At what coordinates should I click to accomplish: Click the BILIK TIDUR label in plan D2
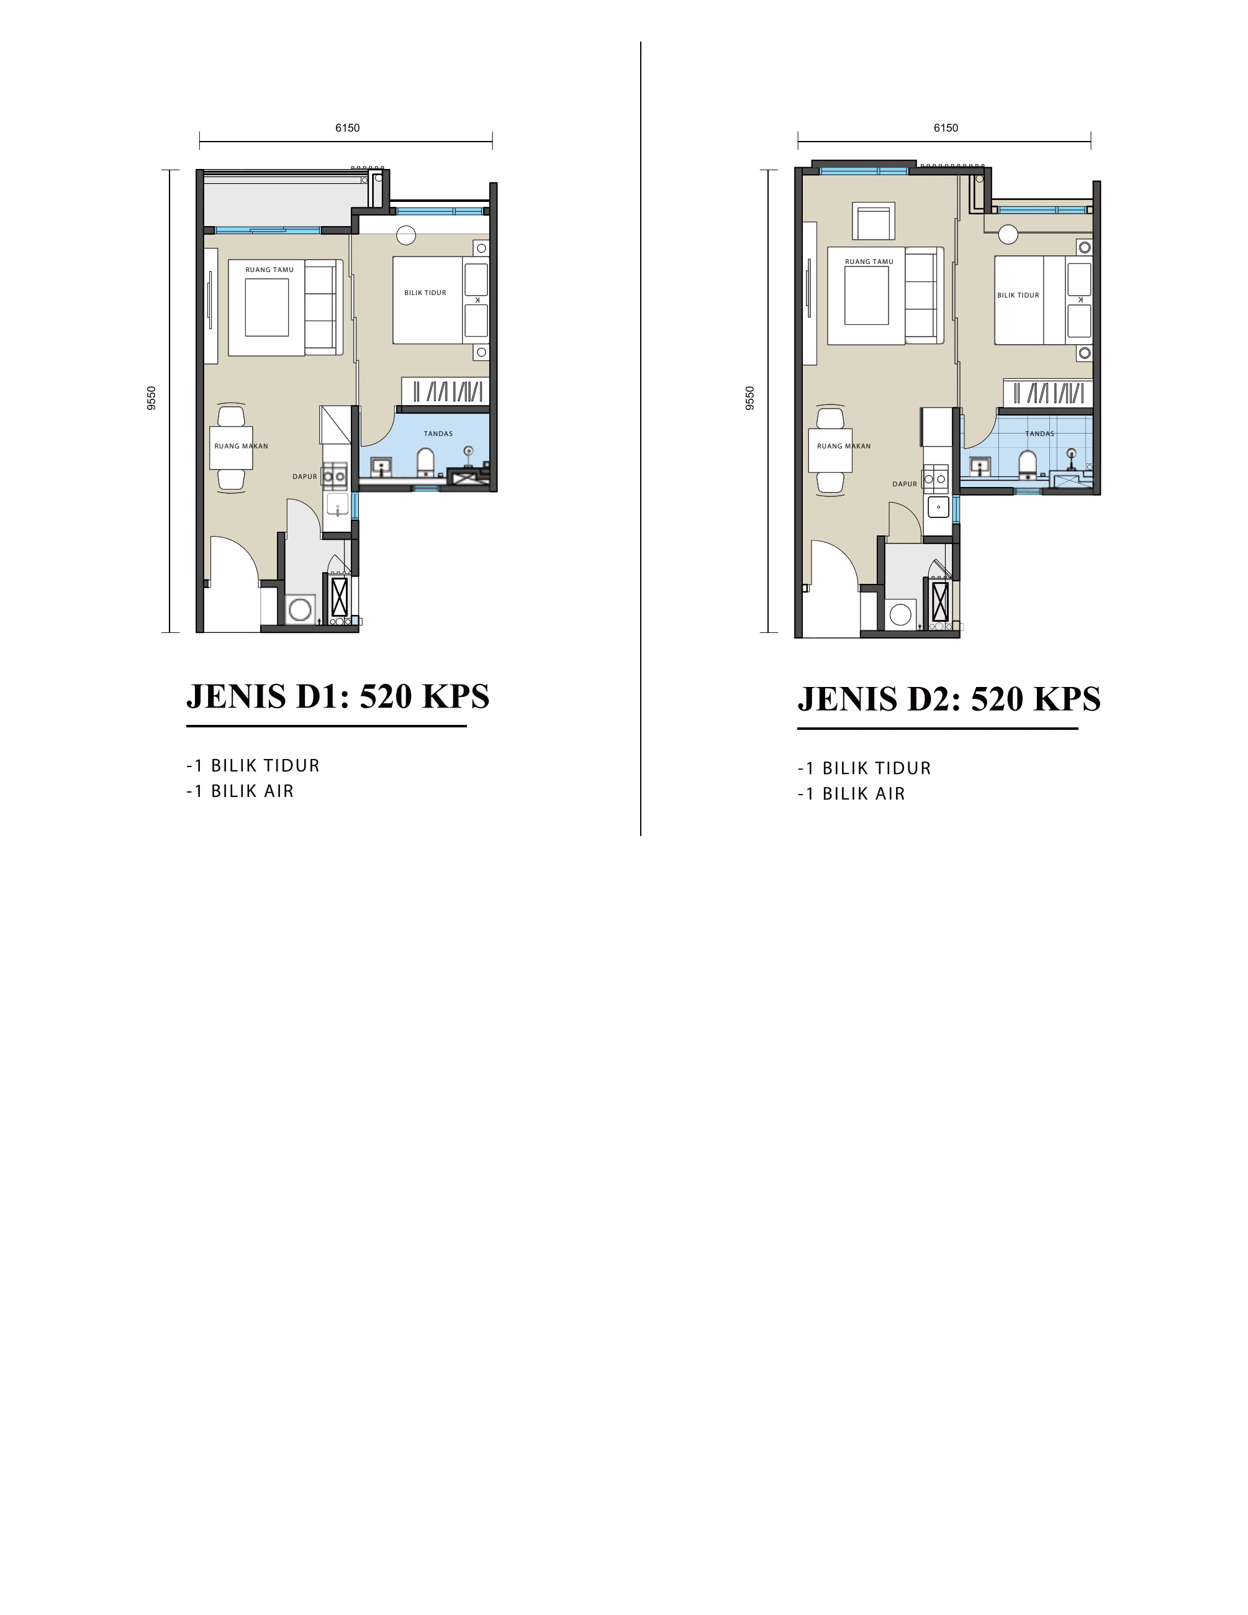click(x=1018, y=295)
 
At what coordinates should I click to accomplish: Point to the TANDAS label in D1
click(x=438, y=434)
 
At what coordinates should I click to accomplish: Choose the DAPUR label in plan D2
click(x=904, y=484)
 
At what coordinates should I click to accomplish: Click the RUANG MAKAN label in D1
click(x=241, y=446)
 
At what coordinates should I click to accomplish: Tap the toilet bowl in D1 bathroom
click(x=425, y=462)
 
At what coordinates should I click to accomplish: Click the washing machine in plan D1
click(x=300, y=609)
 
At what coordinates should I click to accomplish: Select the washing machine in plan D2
click(x=900, y=614)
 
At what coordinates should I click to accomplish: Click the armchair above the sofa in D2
click(x=873, y=221)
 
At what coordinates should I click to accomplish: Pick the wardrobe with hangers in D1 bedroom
click(x=446, y=391)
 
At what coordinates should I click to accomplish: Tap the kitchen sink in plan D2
click(x=938, y=506)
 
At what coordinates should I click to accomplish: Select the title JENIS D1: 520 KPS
click(x=338, y=696)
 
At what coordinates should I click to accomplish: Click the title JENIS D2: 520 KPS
click(x=949, y=699)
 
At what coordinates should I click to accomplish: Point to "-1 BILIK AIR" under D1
click(x=240, y=791)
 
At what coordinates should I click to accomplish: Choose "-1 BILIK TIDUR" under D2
click(x=864, y=768)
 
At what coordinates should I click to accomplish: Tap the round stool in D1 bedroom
click(x=406, y=235)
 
